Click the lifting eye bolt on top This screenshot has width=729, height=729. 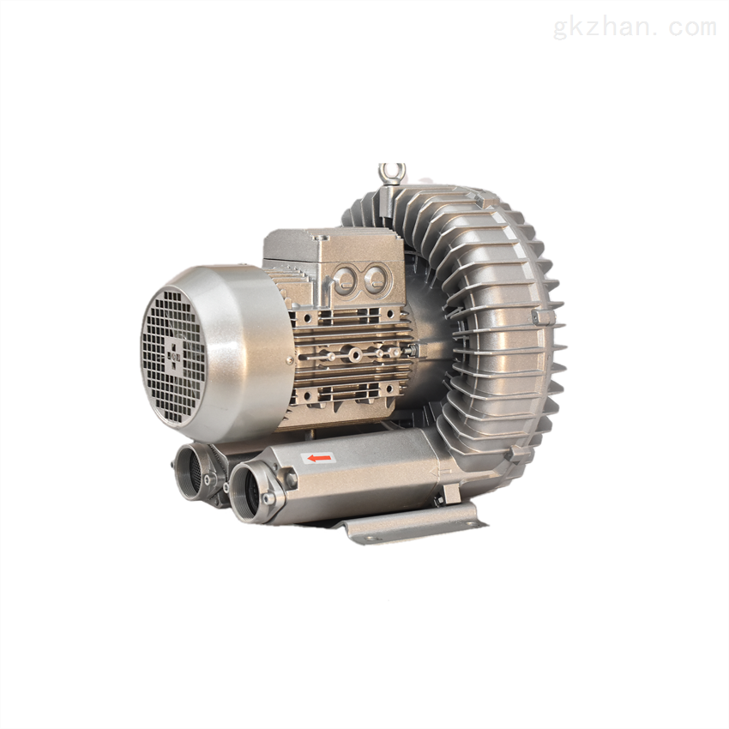click(x=391, y=174)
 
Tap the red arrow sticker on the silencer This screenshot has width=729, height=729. click(x=319, y=459)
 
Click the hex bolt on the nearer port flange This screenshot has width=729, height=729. click(x=292, y=479)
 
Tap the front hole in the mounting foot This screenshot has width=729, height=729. click(x=371, y=539)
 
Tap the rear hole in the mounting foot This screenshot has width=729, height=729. click(x=471, y=524)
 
